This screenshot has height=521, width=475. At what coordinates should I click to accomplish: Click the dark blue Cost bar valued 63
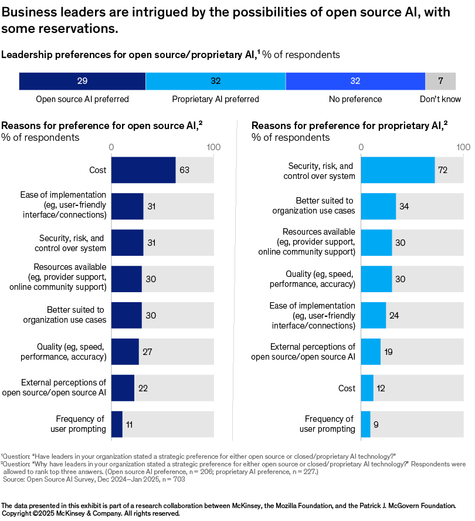143,170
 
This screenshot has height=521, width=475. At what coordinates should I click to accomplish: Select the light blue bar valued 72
398,170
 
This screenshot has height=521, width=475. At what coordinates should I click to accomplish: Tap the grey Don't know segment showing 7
440,81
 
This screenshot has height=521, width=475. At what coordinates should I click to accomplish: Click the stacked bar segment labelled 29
82,81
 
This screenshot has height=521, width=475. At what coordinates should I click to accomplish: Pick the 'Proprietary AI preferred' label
215,99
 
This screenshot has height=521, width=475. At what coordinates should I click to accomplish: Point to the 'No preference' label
355,99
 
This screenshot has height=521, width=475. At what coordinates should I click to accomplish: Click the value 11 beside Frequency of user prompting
130,424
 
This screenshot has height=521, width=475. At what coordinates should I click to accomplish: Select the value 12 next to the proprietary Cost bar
381,388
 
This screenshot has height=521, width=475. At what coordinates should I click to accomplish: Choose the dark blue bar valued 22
123,388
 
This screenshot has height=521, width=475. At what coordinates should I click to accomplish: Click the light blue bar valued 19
371,352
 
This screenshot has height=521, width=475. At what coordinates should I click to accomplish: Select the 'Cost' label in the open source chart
98,170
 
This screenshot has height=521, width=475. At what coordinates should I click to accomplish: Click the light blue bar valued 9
365,424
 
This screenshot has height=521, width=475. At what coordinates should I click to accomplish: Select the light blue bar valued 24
374,316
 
